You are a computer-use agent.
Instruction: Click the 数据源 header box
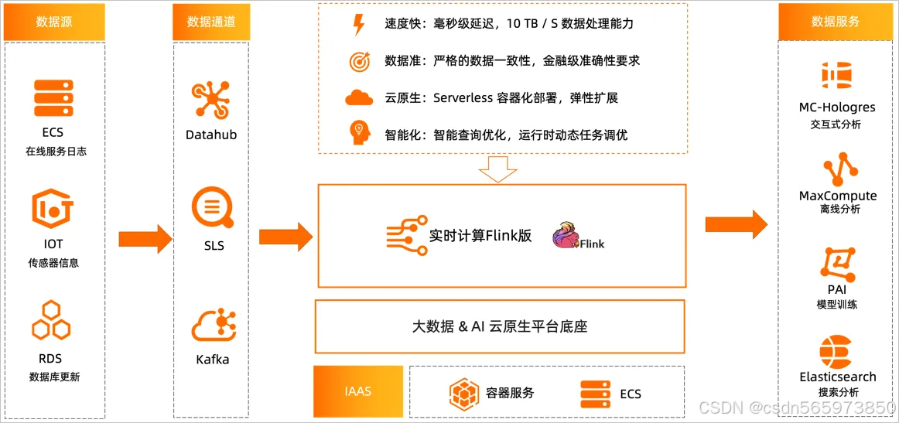coord(54,22)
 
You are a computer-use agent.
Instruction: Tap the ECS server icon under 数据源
coord(53,98)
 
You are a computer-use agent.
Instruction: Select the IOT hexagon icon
coord(53,209)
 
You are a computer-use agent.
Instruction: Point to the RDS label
coord(50,358)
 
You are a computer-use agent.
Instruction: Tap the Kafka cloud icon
coord(213,325)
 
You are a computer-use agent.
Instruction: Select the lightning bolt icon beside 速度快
coord(359,25)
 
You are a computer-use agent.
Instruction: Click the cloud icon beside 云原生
coord(359,97)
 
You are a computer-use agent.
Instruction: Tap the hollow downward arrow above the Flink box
coord(497,169)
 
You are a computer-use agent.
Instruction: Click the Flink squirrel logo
coord(566,235)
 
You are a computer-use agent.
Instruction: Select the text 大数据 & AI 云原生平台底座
coord(500,326)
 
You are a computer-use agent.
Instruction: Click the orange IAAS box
coord(358,391)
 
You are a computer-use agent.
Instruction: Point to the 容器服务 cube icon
coord(465,394)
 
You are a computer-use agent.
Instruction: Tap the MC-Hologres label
coord(837,107)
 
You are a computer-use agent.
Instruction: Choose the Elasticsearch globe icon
coord(837,351)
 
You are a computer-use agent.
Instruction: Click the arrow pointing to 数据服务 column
coord(735,224)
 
